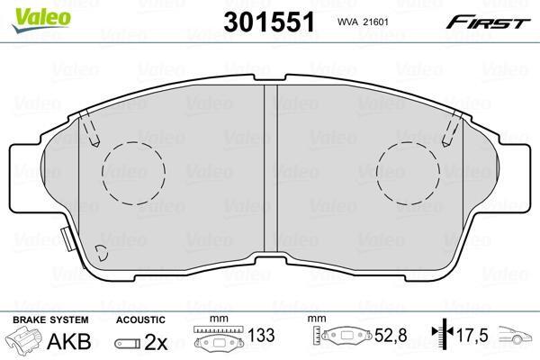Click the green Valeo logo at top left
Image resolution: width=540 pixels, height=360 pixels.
[x=41, y=20]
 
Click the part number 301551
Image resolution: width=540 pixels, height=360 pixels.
[x=269, y=22]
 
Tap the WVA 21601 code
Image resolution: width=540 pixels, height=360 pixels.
[x=363, y=22]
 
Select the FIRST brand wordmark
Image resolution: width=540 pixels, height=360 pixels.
[x=488, y=22]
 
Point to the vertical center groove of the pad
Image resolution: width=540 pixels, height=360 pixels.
[x=271, y=169]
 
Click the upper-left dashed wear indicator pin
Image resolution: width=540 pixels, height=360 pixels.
[x=89, y=129]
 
